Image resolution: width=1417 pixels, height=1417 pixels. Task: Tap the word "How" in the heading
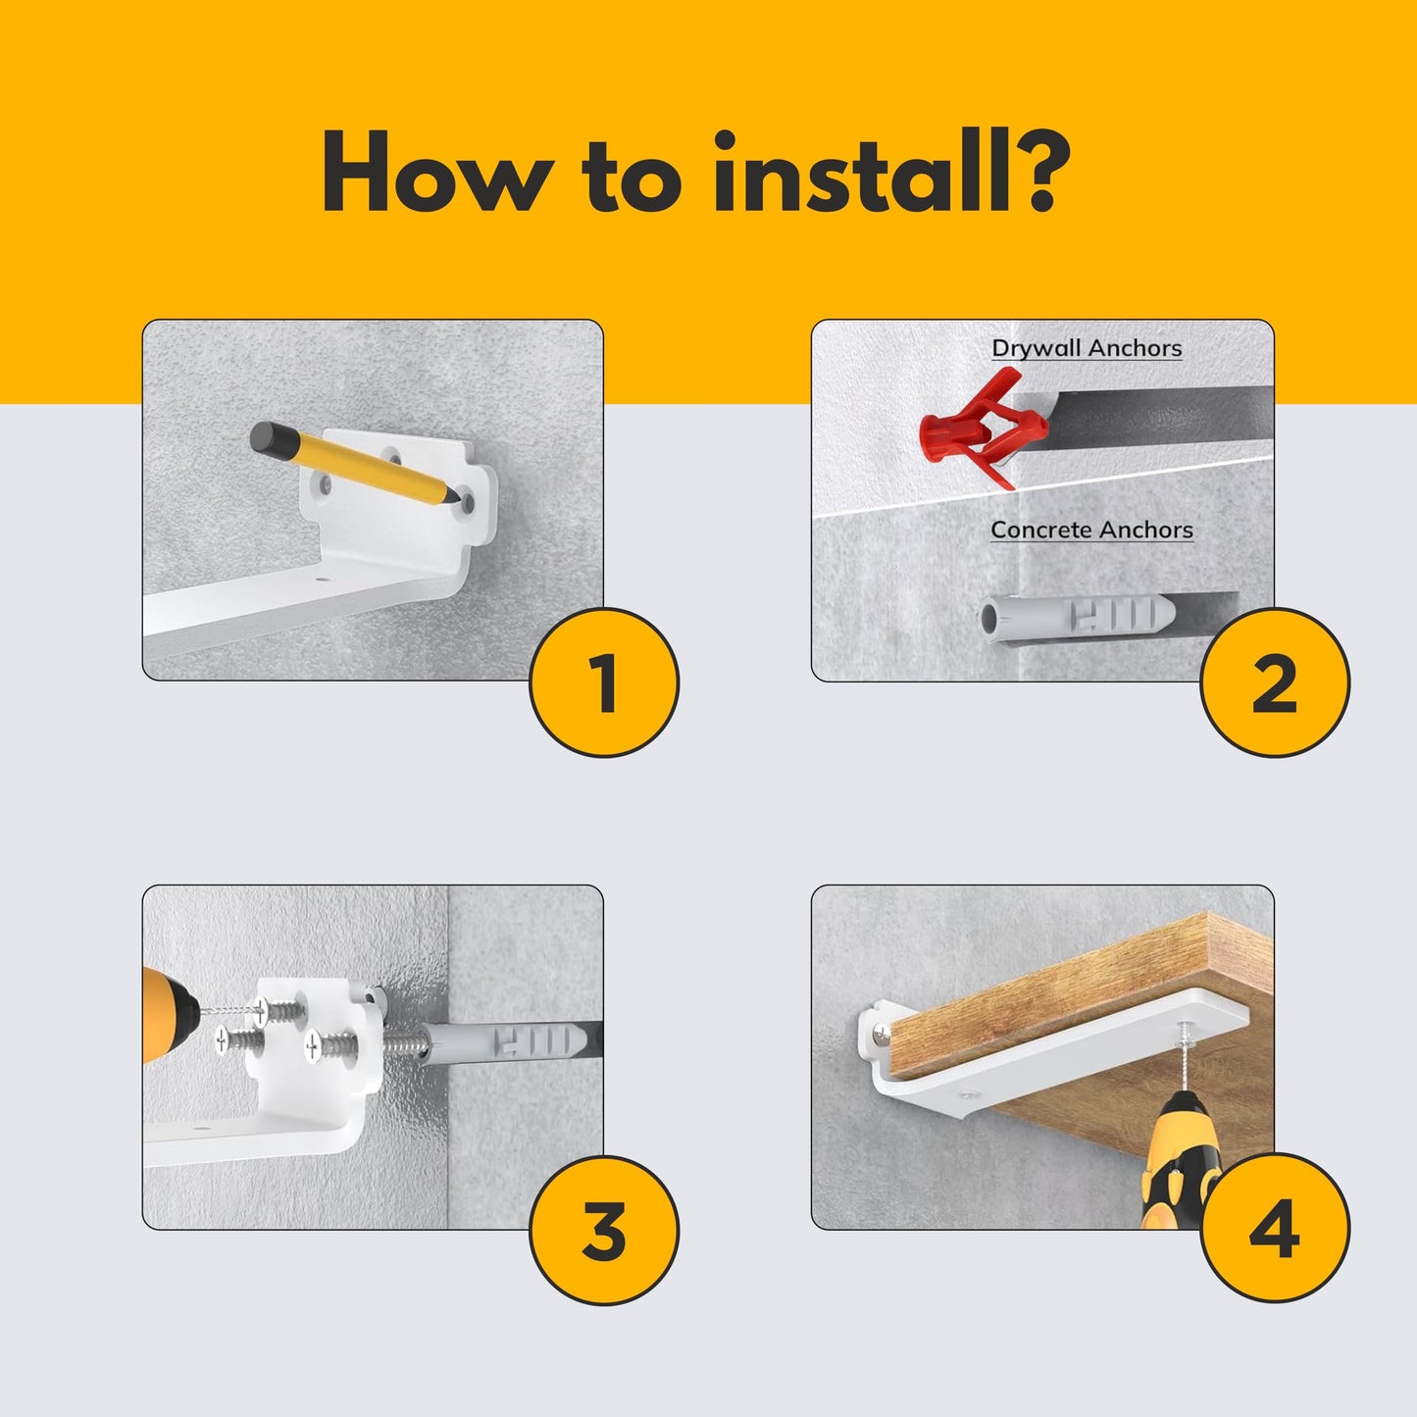[437, 172]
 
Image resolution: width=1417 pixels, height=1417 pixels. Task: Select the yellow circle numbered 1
[604, 682]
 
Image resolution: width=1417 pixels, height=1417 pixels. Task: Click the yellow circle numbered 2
[1275, 682]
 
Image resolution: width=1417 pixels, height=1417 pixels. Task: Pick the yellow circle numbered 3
[604, 1231]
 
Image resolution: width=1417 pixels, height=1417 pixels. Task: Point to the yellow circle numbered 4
[1275, 1231]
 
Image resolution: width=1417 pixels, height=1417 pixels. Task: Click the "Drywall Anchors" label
[1087, 348]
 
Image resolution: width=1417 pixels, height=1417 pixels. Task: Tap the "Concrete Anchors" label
[1091, 530]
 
